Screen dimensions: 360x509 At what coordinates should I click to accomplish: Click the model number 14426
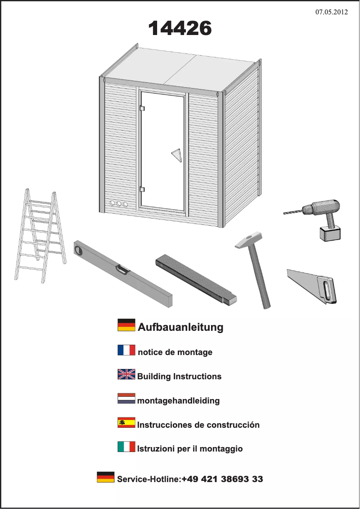pos(180,28)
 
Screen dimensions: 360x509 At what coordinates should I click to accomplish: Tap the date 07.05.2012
pos(331,12)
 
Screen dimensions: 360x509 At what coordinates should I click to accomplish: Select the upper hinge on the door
pos(142,108)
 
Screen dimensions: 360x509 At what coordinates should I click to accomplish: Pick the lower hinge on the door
pos(142,189)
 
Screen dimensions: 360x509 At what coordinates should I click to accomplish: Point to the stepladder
pos(40,236)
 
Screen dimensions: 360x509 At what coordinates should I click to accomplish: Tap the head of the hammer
pos(249,241)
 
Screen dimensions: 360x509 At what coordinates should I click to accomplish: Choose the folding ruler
pos(196,280)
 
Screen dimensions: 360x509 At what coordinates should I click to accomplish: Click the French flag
pos(126,350)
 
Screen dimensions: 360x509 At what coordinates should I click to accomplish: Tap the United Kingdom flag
pos(126,374)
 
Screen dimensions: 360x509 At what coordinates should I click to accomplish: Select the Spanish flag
pos(126,422)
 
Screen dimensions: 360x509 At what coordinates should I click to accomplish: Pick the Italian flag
pos(126,447)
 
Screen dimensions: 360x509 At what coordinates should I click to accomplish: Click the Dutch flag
pos(126,398)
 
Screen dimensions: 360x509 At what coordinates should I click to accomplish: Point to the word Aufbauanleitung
pos(180,327)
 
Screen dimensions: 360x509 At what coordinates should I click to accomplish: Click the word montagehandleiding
pos(178,400)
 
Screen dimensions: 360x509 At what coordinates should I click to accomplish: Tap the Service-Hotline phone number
pos(222,479)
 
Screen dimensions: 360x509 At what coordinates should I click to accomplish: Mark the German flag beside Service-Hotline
pos(105,477)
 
